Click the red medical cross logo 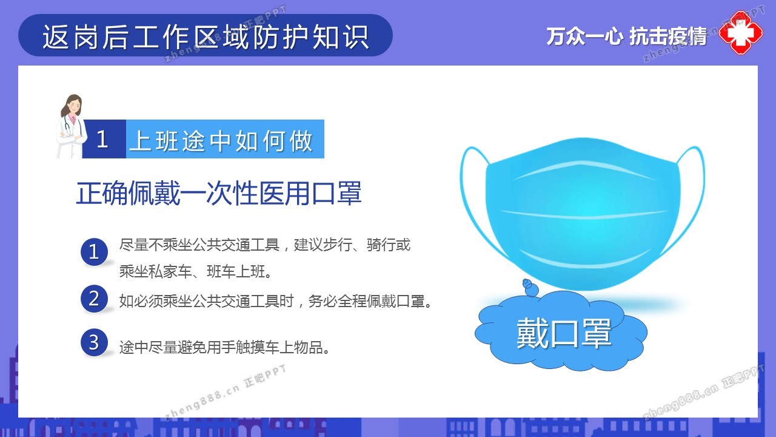[x=741, y=33]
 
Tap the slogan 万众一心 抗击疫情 [x=626, y=36]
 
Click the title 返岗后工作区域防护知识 [x=206, y=36]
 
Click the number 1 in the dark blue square [x=102, y=140]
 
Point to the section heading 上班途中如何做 [x=221, y=141]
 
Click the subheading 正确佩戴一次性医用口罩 [x=219, y=193]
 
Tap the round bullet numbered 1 [x=94, y=252]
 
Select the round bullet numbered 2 [x=94, y=299]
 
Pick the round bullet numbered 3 [x=94, y=342]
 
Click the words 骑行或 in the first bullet [x=389, y=245]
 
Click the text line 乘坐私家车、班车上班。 [x=196, y=271]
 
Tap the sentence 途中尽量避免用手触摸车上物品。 [x=225, y=347]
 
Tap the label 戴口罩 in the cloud [x=564, y=333]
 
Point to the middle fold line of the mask [x=584, y=215]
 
